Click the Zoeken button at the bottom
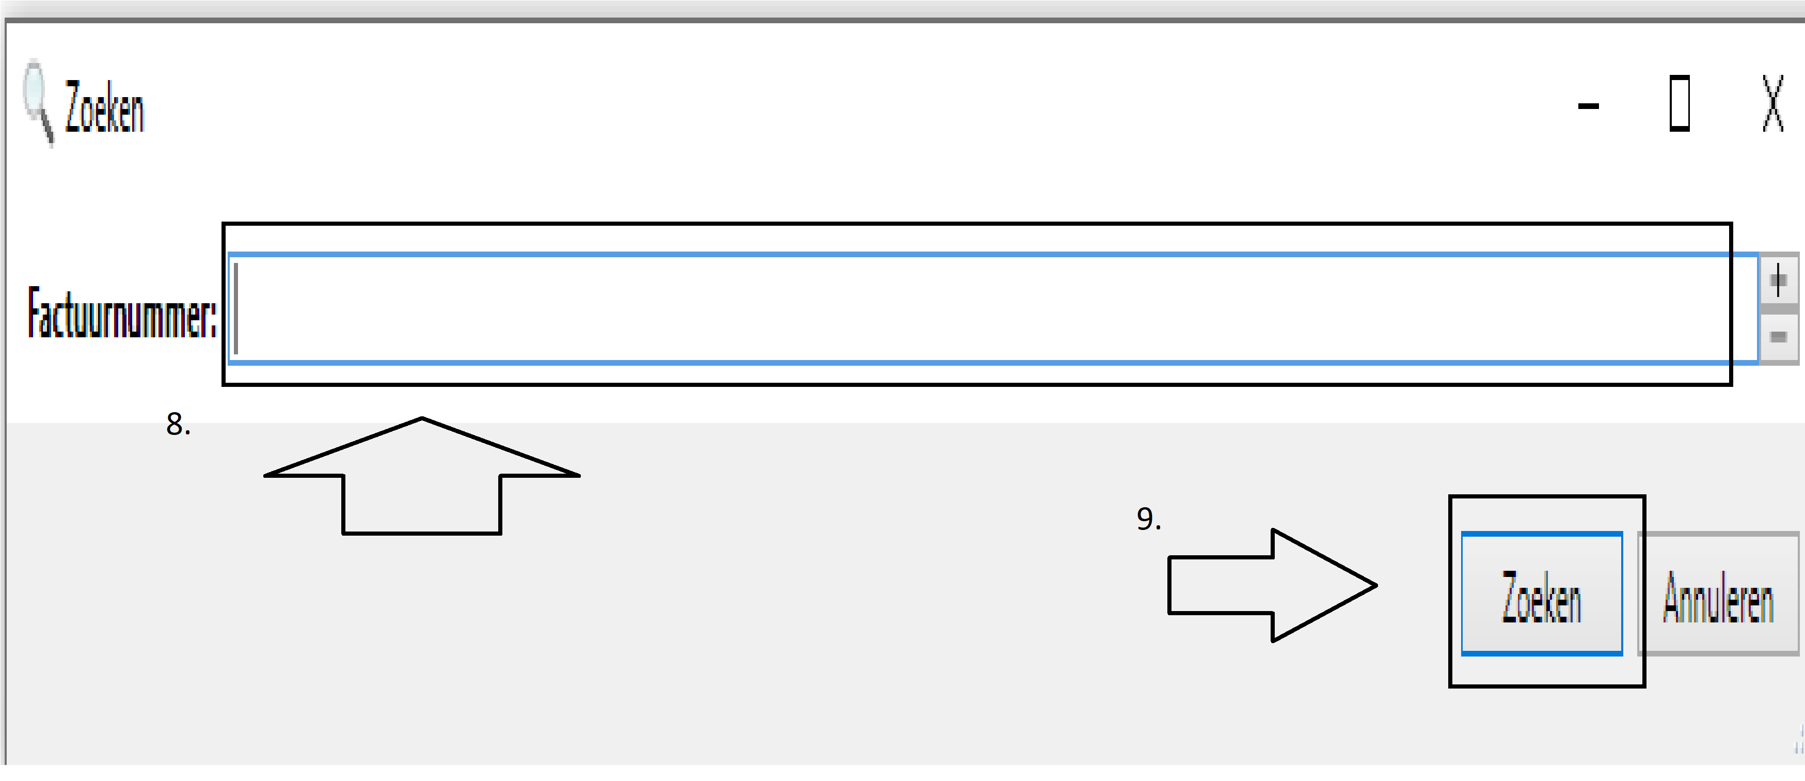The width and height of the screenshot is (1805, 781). tap(1542, 594)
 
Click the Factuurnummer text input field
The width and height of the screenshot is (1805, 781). tap(981, 308)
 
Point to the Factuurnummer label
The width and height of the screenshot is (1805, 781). tap(122, 313)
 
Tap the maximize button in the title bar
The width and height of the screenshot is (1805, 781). tap(1680, 104)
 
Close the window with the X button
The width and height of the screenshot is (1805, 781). tap(1773, 104)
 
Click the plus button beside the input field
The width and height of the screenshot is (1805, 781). tap(1778, 281)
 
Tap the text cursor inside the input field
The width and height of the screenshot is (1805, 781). tap(236, 308)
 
